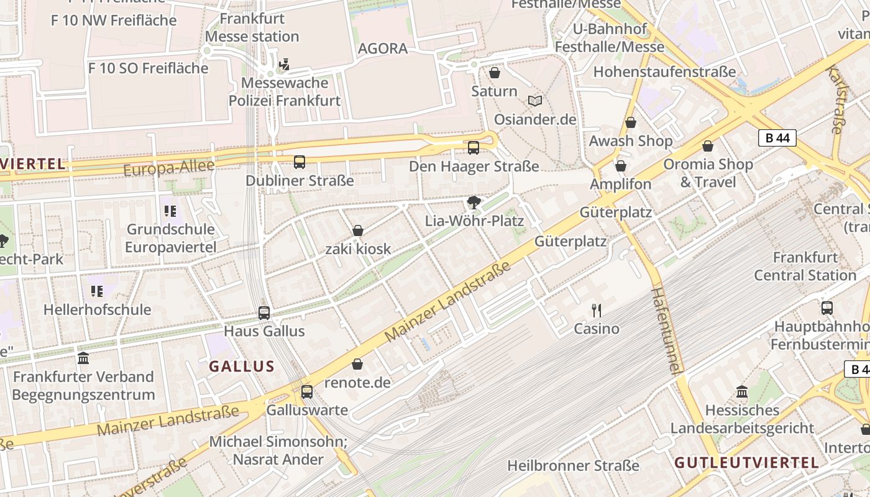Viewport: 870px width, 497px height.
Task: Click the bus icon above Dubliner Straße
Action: (x=300, y=162)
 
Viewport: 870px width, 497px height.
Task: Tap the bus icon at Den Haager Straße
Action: (x=474, y=148)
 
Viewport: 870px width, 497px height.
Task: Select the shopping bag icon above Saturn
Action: (x=495, y=73)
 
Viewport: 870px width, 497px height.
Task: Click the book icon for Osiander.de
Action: (x=535, y=101)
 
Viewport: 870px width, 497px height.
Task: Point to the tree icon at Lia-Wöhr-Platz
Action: (x=474, y=203)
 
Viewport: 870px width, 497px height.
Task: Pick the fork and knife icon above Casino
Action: (x=597, y=310)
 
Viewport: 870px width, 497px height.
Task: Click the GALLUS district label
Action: (x=242, y=366)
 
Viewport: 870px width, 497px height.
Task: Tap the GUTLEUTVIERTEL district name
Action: (x=746, y=462)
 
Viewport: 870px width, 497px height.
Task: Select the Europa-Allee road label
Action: (x=168, y=168)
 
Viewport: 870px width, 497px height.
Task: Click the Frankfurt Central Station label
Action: (x=805, y=266)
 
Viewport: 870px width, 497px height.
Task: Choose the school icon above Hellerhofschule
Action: (x=97, y=291)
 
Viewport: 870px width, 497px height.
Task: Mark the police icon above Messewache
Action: (x=285, y=64)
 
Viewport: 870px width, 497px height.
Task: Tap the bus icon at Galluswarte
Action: (x=307, y=392)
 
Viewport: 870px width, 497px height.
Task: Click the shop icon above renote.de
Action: (x=357, y=364)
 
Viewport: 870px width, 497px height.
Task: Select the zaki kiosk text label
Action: (x=358, y=249)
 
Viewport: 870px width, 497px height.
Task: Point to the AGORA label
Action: (x=383, y=48)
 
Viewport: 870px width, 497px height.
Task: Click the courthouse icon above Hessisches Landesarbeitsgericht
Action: (x=742, y=392)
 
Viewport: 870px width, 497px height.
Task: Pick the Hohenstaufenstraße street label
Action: (x=664, y=71)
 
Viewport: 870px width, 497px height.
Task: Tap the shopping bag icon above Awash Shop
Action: (x=631, y=122)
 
